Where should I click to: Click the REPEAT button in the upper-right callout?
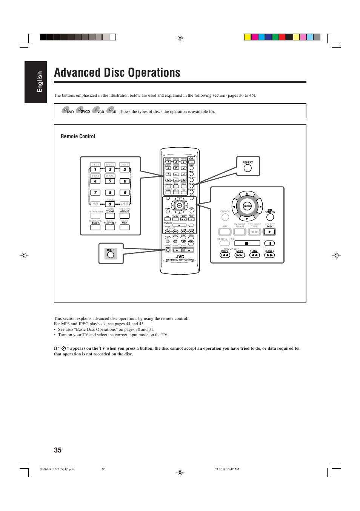[x=248, y=168]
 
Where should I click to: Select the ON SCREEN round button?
[x=270, y=217]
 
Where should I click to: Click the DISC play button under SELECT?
[x=269, y=232]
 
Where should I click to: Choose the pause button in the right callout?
[x=269, y=243]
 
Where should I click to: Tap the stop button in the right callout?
[x=247, y=243]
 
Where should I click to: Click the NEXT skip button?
[x=240, y=255]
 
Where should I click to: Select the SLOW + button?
[x=269, y=255]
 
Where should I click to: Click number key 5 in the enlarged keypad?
[x=110, y=181]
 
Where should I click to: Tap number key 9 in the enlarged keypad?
[x=125, y=193]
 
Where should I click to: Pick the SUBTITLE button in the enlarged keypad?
[x=110, y=227]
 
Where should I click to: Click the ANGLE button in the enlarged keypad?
[x=125, y=216]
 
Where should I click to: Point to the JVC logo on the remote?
[x=180, y=257]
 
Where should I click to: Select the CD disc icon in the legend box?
[x=111, y=110]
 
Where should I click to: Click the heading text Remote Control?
[x=78, y=136]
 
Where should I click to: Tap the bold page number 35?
[x=58, y=450]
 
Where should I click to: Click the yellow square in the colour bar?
[x=248, y=37]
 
